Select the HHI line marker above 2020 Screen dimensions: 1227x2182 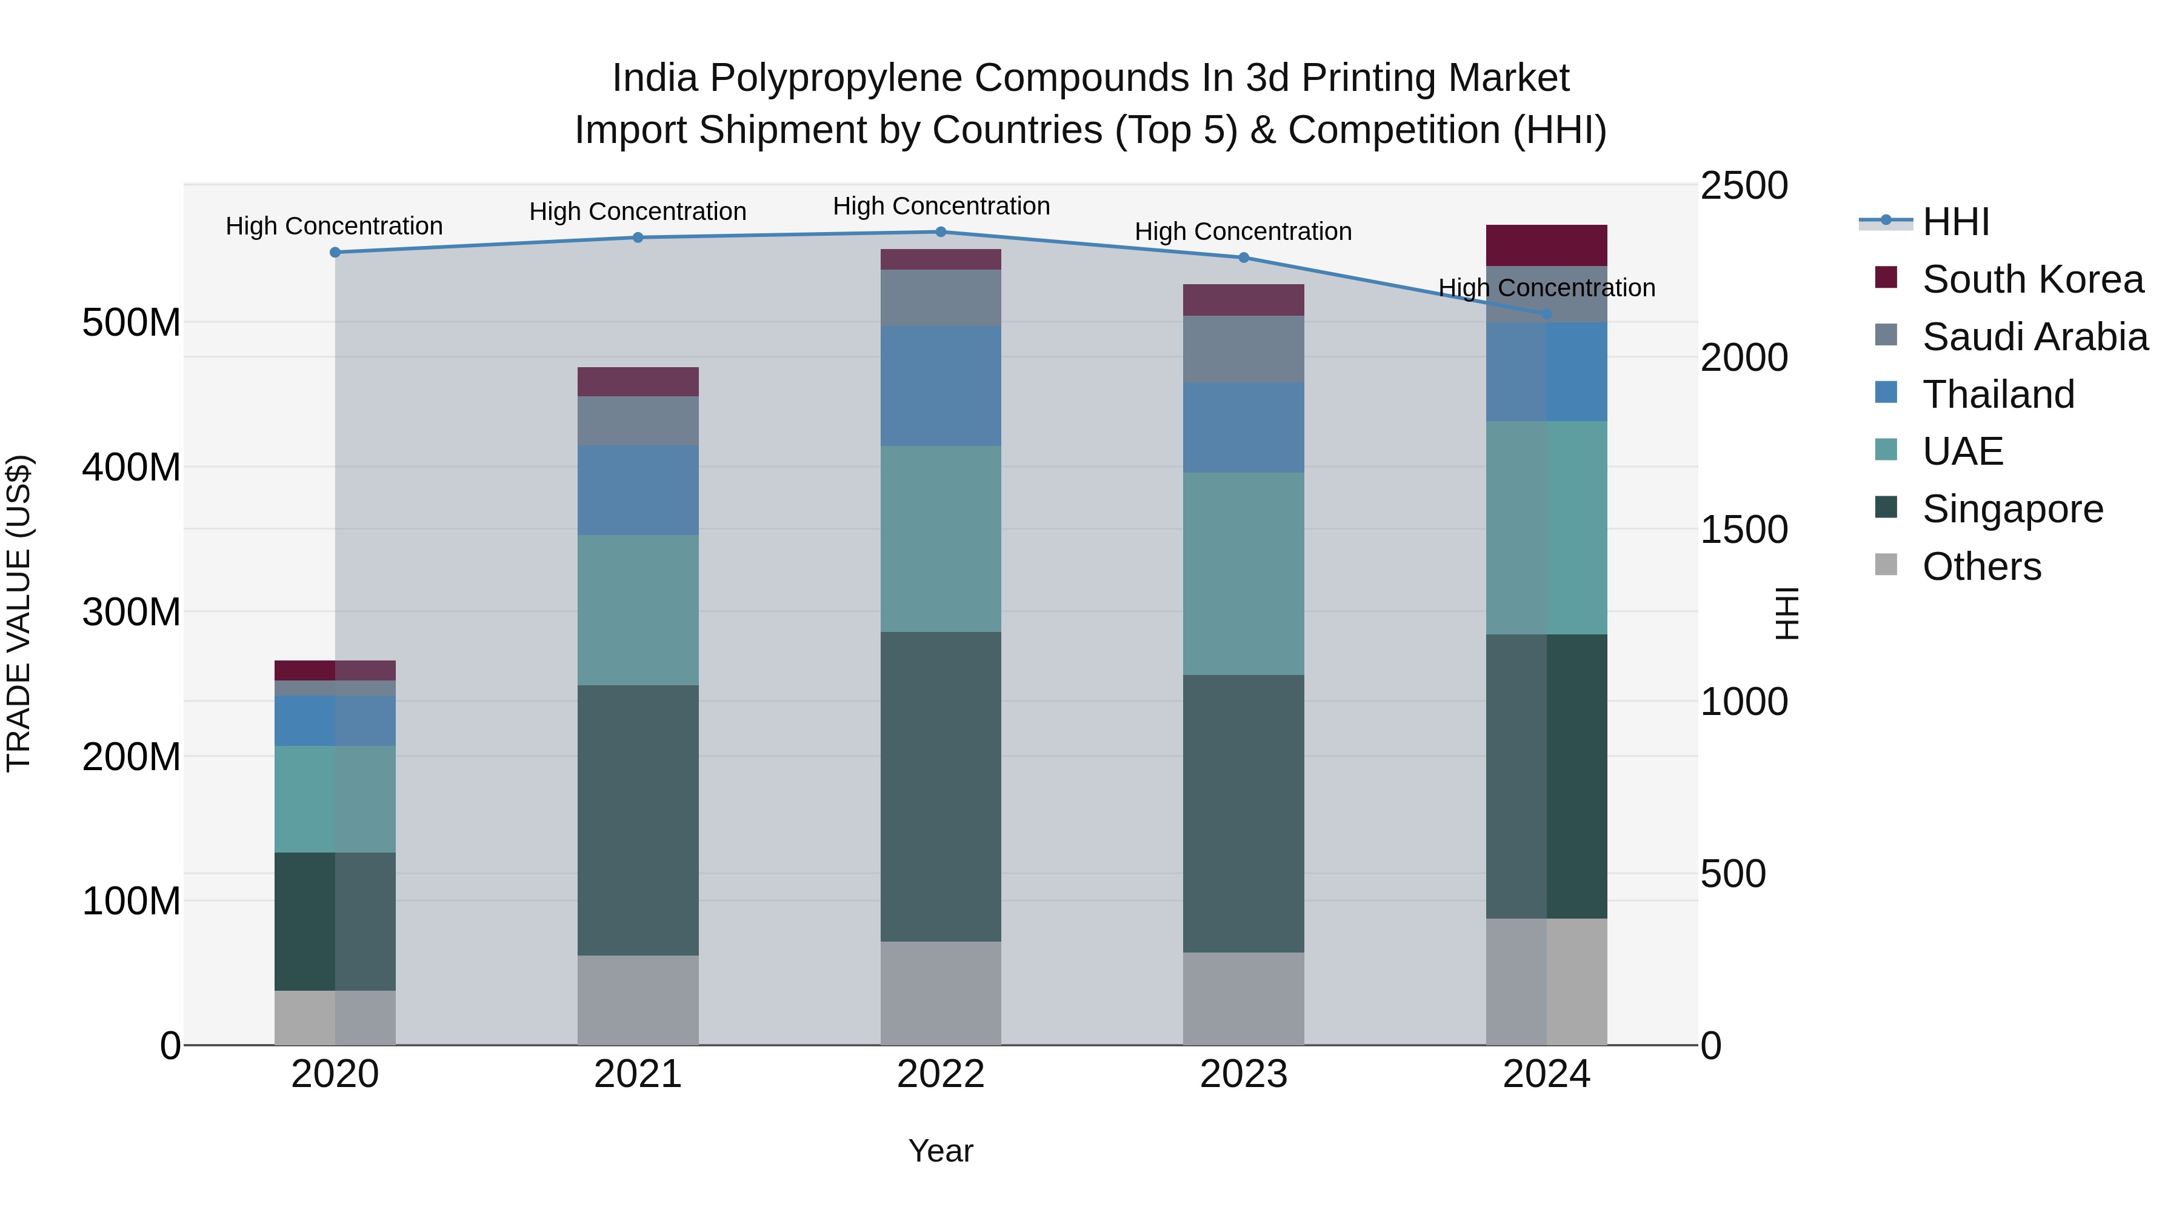click(335, 252)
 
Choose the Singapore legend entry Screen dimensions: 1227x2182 click(2012, 509)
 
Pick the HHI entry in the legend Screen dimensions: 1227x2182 click(1955, 222)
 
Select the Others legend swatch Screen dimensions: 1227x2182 click(1886, 565)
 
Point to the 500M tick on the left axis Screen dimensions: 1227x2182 click(132, 322)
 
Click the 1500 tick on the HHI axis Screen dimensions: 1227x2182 click(1743, 530)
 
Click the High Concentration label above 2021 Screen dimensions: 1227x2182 click(638, 211)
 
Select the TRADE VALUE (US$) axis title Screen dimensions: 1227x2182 click(19, 613)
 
